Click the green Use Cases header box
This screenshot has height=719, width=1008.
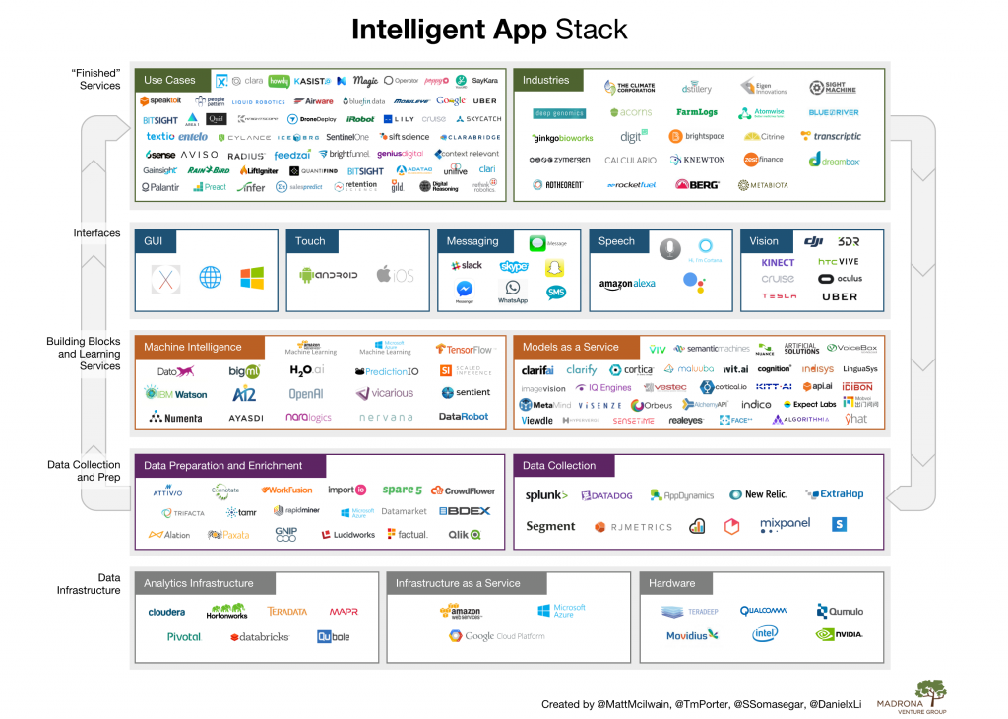[169, 80]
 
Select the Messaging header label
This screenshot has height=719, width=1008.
[472, 241]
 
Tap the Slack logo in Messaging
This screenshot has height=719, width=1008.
[466, 266]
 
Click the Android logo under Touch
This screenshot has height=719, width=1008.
[328, 275]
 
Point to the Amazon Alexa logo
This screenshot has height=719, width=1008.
[627, 285]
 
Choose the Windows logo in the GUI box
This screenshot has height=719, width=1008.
[253, 277]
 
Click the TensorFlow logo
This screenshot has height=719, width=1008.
[464, 350]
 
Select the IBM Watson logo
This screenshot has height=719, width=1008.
[177, 394]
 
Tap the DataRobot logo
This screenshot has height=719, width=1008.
[464, 417]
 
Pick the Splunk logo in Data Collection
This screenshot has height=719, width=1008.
[546, 495]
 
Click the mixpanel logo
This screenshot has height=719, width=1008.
[785, 525]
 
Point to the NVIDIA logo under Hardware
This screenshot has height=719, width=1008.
[840, 634]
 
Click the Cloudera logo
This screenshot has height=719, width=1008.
[166, 612]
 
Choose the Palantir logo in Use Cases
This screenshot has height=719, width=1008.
[160, 187]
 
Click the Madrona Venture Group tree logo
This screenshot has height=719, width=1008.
[931, 689]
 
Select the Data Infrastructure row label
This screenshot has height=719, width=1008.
[95, 584]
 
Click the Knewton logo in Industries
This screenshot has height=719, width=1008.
[697, 161]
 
